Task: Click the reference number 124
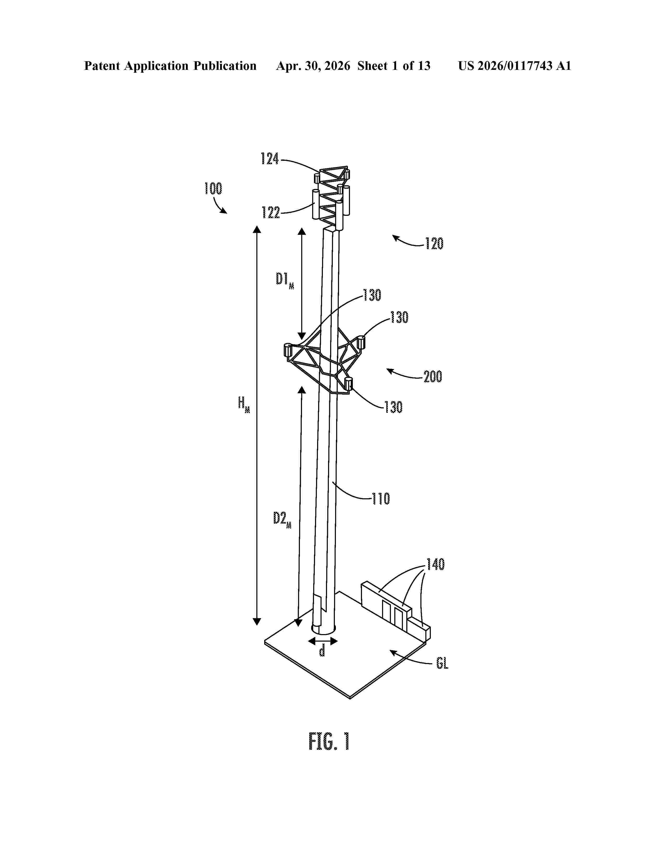tap(270, 159)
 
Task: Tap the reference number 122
tap(271, 213)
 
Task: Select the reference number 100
tap(213, 189)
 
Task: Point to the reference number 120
tap(434, 244)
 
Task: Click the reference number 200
tap(433, 377)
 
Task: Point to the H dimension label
tap(244, 404)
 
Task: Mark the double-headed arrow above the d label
tap(323, 641)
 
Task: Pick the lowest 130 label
tap(394, 407)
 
